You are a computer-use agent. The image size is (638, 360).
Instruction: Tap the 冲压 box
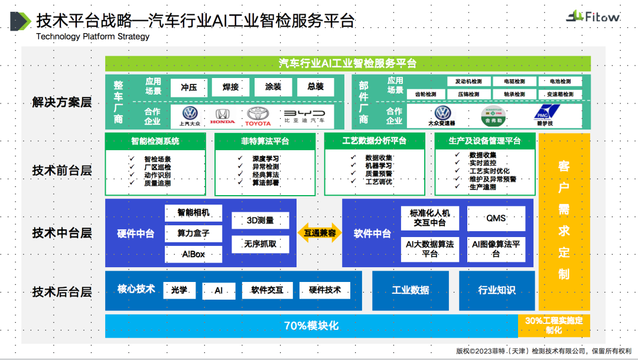[x=188, y=87]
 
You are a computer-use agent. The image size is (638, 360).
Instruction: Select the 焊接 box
[x=231, y=87]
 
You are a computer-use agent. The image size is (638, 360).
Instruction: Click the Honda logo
[x=222, y=116]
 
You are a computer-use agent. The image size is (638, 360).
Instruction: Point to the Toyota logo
[x=258, y=116]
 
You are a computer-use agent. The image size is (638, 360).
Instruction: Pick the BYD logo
[x=304, y=116]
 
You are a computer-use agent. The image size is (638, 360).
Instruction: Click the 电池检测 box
[x=560, y=81]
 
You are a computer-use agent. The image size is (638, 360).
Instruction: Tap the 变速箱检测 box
[x=560, y=94]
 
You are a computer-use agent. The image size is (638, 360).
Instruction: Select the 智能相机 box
[x=193, y=213]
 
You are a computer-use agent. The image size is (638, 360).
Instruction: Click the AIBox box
[x=193, y=254]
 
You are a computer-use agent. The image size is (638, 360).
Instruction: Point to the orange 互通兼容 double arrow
[x=320, y=233]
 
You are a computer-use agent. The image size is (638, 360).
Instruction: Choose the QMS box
[x=496, y=218]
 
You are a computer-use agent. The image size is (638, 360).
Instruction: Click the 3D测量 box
[x=261, y=220]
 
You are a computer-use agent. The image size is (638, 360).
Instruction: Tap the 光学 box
[x=179, y=290]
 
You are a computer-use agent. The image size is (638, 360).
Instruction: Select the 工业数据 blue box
[x=411, y=290]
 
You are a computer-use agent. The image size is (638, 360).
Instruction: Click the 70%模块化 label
[x=311, y=326]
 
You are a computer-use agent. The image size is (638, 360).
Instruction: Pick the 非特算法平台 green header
[x=265, y=141]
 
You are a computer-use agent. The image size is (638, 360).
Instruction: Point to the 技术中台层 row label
[x=62, y=233]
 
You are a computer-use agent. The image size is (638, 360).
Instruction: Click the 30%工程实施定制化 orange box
[x=554, y=326]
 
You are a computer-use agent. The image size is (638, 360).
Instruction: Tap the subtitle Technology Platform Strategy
[x=93, y=37]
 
